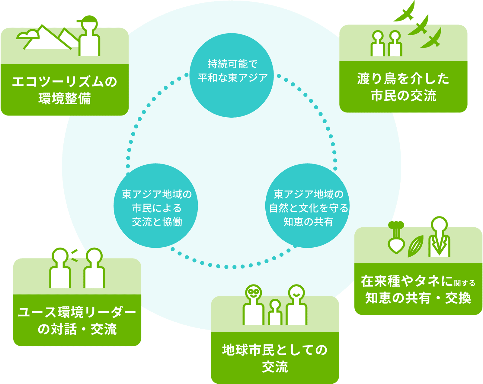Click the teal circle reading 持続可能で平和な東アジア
pyautogui.click(x=232, y=75)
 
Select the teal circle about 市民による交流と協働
pyautogui.click(x=156, y=206)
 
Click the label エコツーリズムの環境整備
pyautogui.click(x=65, y=90)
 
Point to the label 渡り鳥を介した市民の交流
pyautogui.click(x=403, y=87)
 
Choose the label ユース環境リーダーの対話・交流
pyautogui.click(x=77, y=320)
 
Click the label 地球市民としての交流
pyautogui.click(x=275, y=358)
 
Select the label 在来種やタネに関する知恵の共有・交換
pyautogui.click(x=418, y=289)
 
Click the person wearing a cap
pyautogui.click(x=89, y=36)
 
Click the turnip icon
pyautogui.click(x=396, y=239)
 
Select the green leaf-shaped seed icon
pyautogui.click(x=416, y=246)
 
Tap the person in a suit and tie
pyautogui.click(x=439, y=237)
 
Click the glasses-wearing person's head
pyautogui.click(x=254, y=292)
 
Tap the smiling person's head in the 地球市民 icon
pyautogui.click(x=296, y=292)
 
